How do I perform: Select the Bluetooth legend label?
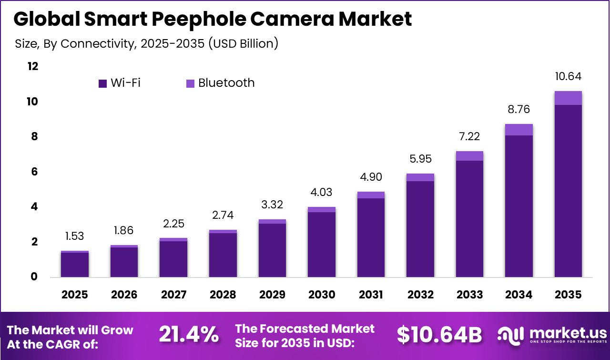(x=226, y=83)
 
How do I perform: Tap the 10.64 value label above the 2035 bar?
(x=568, y=76)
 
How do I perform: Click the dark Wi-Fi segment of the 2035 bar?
(x=568, y=191)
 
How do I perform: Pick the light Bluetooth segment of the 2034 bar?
(x=518, y=130)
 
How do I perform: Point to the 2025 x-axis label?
(x=75, y=295)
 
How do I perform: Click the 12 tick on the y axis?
(x=32, y=66)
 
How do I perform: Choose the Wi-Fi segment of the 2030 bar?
(x=321, y=244)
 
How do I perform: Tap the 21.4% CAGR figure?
(x=188, y=335)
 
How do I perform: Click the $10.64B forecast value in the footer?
(x=439, y=335)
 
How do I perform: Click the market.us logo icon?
(x=510, y=335)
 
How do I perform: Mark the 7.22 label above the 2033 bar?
(x=469, y=137)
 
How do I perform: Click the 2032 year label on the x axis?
(x=420, y=295)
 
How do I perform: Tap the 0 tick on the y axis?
(x=34, y=277)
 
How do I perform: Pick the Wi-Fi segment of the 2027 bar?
(x=173, y=259)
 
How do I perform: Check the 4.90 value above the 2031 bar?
(x=371, y=177)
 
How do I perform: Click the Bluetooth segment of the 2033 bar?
(x=469, y=156)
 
